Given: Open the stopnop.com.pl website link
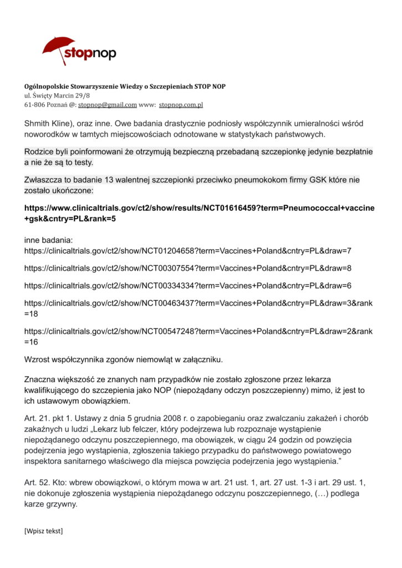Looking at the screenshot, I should (181, 104).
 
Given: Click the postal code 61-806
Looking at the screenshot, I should (36, 104).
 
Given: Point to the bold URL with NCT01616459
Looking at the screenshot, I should (199, 208).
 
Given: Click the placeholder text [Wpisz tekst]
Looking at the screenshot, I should (44, 531).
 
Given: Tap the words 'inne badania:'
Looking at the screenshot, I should (49, 241).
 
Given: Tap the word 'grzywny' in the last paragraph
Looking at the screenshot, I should (62, 505).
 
